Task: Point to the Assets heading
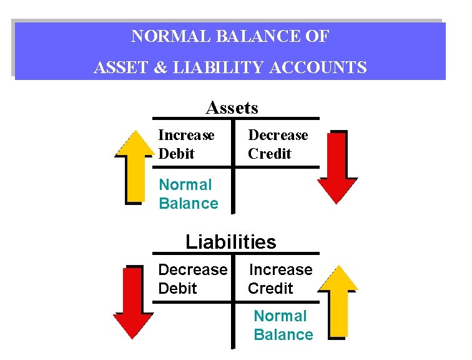coord(232,108)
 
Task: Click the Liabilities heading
coord(230,242)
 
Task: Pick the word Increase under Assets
coord(186,135)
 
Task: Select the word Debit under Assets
coord(176,153)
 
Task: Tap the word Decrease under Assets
coord(278,135)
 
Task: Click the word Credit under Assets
coord(269,153)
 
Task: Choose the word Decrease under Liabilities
coord(193,269)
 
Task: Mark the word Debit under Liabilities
coord(177,288)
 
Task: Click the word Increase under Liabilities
coord(280,269)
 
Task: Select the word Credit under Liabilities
coord(270,288)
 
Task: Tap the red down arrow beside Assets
coord(338,166)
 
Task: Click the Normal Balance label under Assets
coord(188,194)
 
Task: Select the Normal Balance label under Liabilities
coord(283,325)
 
